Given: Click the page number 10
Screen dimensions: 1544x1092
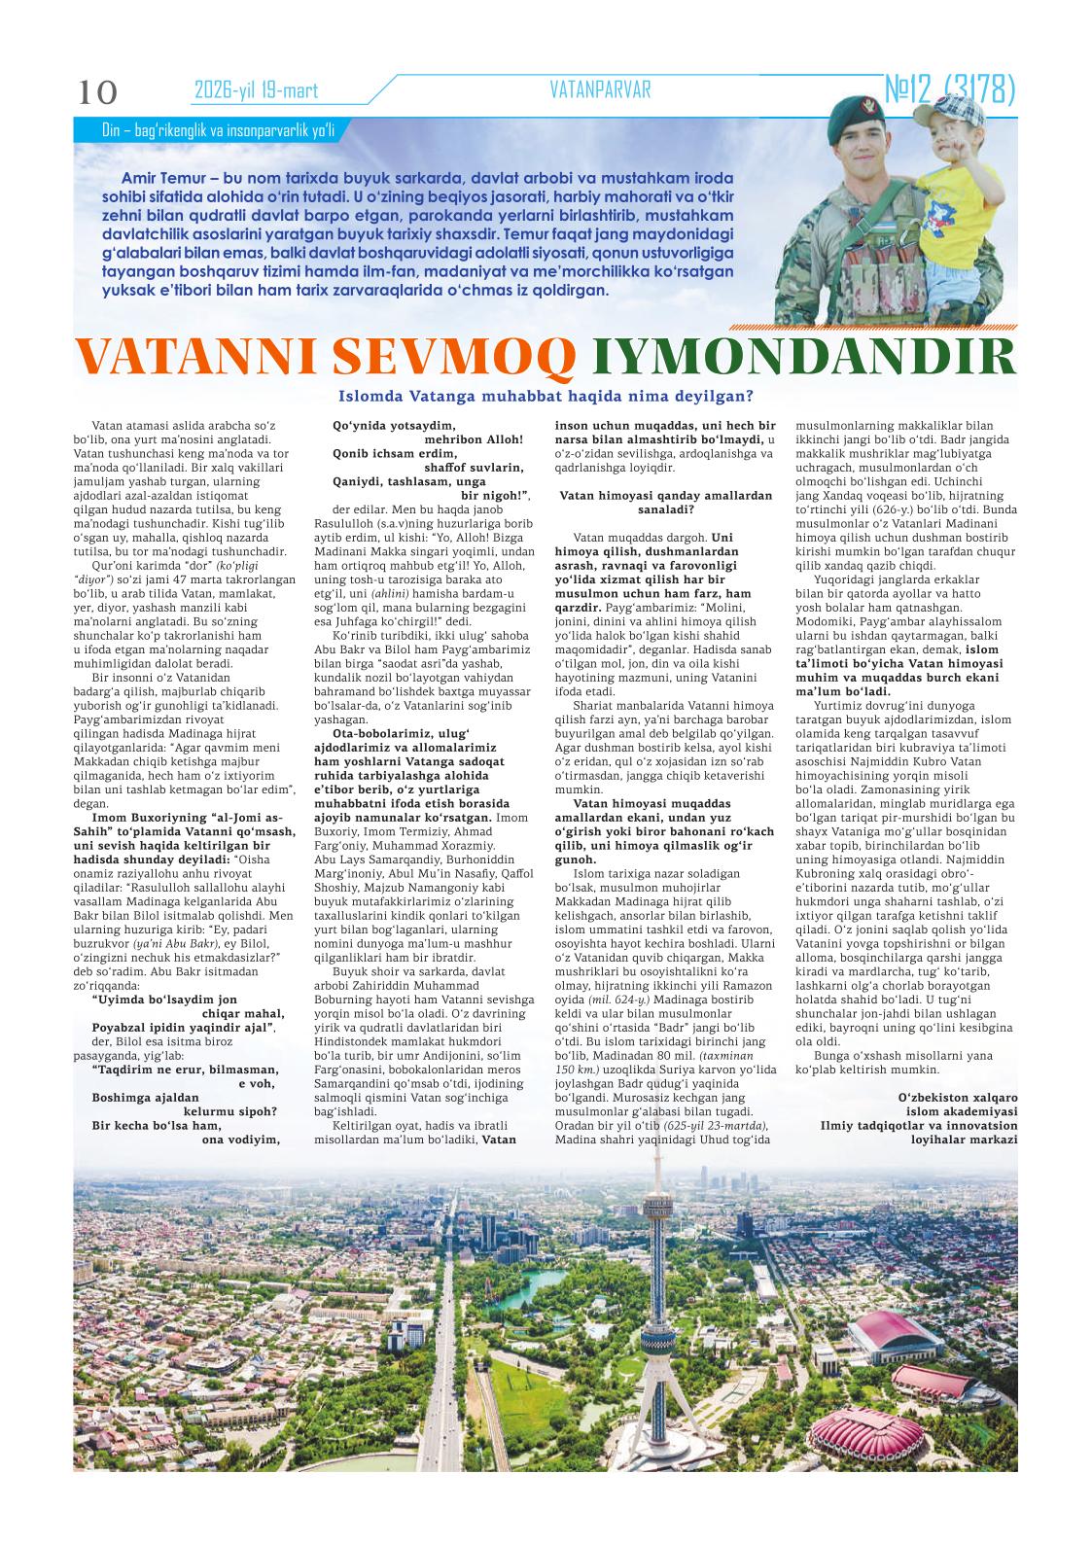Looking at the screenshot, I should [x=97, y=92].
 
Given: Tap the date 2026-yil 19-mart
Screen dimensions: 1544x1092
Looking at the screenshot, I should [x=257, y=91].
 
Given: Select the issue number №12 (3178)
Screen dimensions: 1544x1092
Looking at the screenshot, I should [x=949, y=90].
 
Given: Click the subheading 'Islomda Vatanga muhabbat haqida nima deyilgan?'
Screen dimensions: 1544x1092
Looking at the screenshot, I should [x=546, y=396].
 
